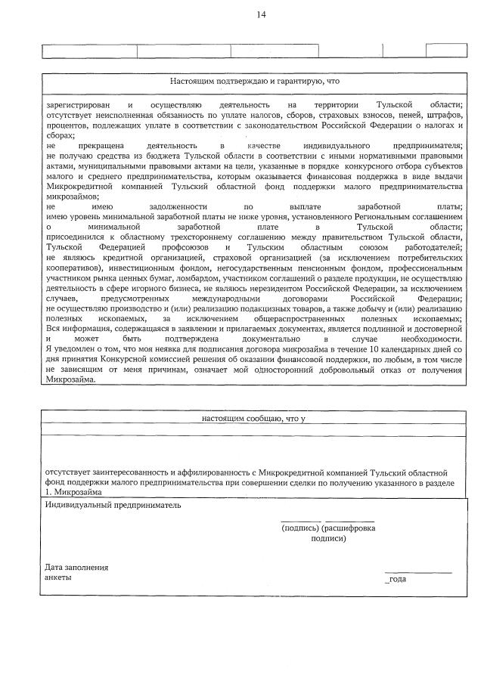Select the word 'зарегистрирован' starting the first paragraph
[74, 104]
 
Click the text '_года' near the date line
[396, 577]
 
